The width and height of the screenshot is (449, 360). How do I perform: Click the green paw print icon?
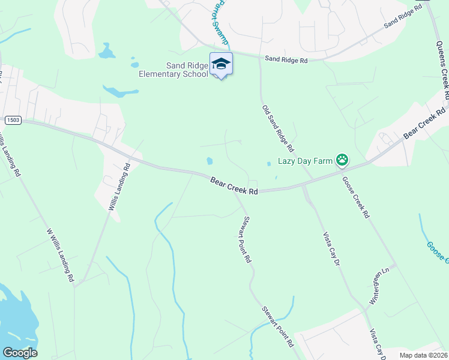[342, 160]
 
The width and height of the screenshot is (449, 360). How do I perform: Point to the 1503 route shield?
[13, 121]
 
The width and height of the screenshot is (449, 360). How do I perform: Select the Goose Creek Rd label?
[355, 197]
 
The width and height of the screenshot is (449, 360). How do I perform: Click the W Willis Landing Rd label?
[59, 255]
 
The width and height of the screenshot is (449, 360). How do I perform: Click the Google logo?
[20, 353]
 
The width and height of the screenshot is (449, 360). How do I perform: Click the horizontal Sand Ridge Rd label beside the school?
[286, 60]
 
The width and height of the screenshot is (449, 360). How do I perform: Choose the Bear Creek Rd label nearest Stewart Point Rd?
[234, 185]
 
